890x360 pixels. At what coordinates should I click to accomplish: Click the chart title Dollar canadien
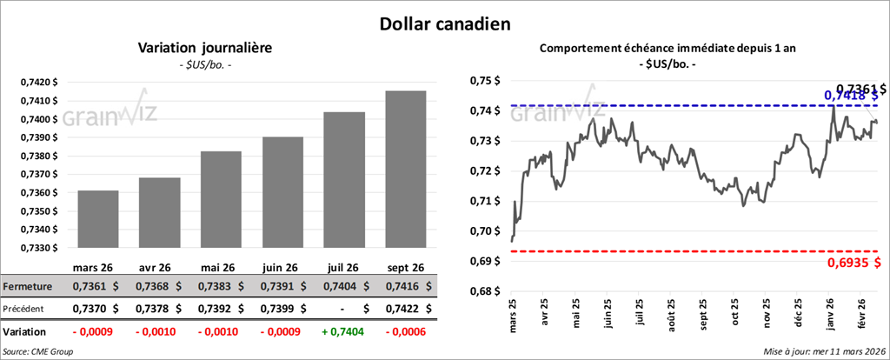click(x=444, y=23)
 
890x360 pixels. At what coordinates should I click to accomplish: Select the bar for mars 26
click(x=97, y=219)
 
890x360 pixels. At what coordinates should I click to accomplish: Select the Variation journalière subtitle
click(x=205, y=49)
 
